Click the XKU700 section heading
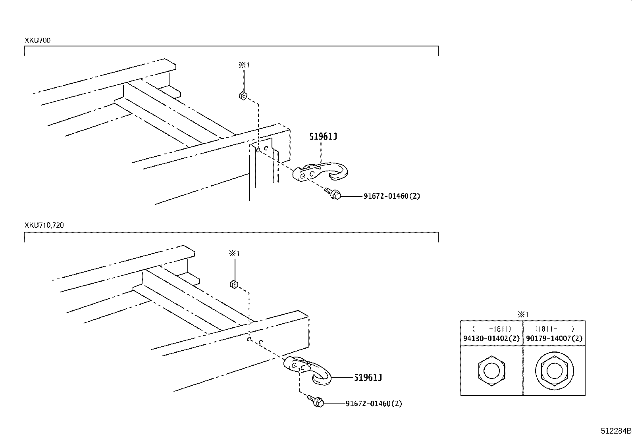(37, 40)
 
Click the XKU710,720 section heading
(44, 225)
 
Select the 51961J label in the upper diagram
(323, 137)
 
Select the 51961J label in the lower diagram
(368, 377)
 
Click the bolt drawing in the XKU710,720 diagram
(316, 401)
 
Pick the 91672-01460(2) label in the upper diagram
(391, 196)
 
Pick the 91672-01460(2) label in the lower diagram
(374, 404)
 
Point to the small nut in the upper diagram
(243, 96)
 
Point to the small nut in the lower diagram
(234, 284)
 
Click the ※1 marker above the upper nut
(244, 65)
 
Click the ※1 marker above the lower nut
(234, 253)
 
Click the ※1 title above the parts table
(523, 315)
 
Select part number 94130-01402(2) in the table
(491, 339)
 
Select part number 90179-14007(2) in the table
(554, 339)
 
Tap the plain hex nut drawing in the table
(491, 371)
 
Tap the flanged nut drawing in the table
(554, 371)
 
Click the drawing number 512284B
(615, 430)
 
